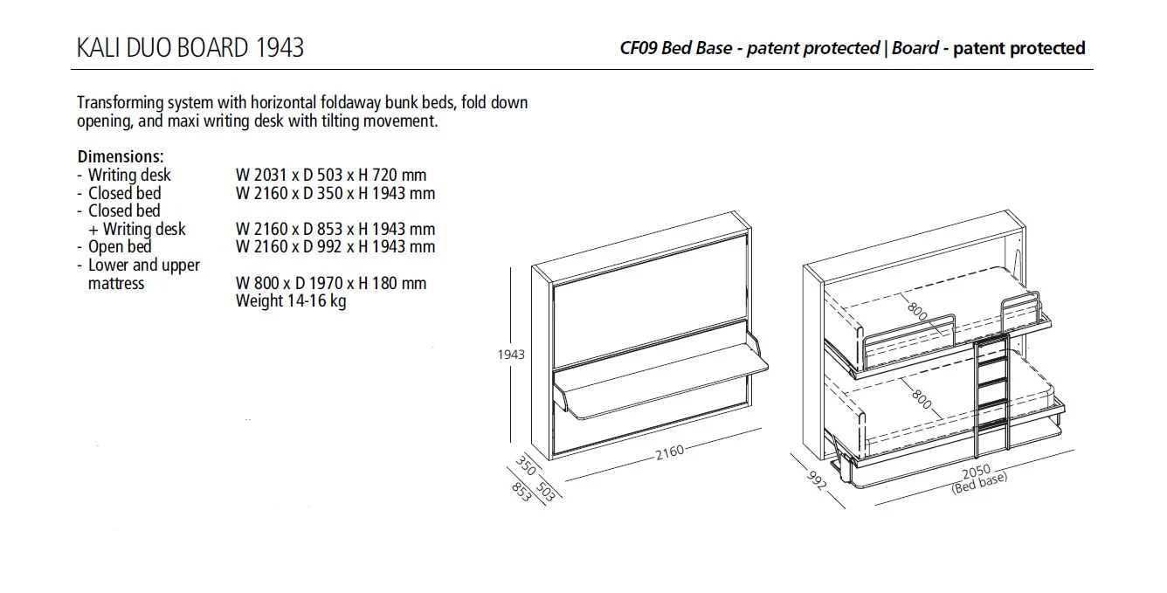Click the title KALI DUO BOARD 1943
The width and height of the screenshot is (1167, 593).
(190, 47)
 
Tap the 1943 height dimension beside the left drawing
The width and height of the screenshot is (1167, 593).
(511, 355)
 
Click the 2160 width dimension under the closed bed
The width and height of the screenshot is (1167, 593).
(669, 451)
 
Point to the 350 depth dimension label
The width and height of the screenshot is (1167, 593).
(525, 465)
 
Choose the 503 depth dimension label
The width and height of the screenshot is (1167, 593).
(545, 491)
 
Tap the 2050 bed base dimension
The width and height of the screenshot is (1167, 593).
(975, 472)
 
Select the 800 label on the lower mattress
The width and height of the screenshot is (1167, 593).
(921, 398)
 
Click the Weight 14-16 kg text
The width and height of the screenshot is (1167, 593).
(291, 302)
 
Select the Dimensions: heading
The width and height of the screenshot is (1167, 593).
(121, 157)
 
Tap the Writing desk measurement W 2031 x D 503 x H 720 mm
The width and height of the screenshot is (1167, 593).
(331, 176)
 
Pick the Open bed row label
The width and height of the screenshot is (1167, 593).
(120, 247)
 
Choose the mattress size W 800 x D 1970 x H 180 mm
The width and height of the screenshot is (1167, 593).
(331, 284)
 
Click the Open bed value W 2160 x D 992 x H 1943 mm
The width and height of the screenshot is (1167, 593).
(335, 247)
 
